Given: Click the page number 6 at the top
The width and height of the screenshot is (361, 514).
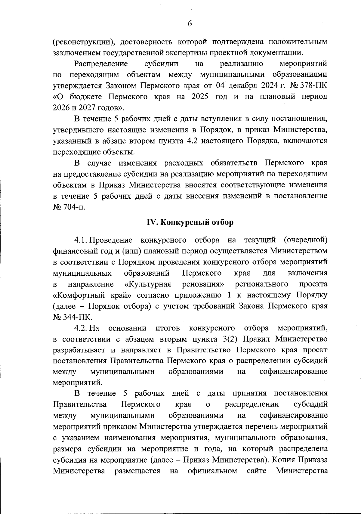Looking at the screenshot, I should [x=190, y=24].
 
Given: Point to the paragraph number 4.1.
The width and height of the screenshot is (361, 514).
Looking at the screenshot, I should [x=81, y=240].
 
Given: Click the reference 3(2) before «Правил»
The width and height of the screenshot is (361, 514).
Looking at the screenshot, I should [x=230, y=339].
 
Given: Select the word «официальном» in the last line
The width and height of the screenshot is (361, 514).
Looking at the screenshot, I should [x=212, y=471].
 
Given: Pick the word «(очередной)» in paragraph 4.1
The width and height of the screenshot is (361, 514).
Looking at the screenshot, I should [x=305, y=240].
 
